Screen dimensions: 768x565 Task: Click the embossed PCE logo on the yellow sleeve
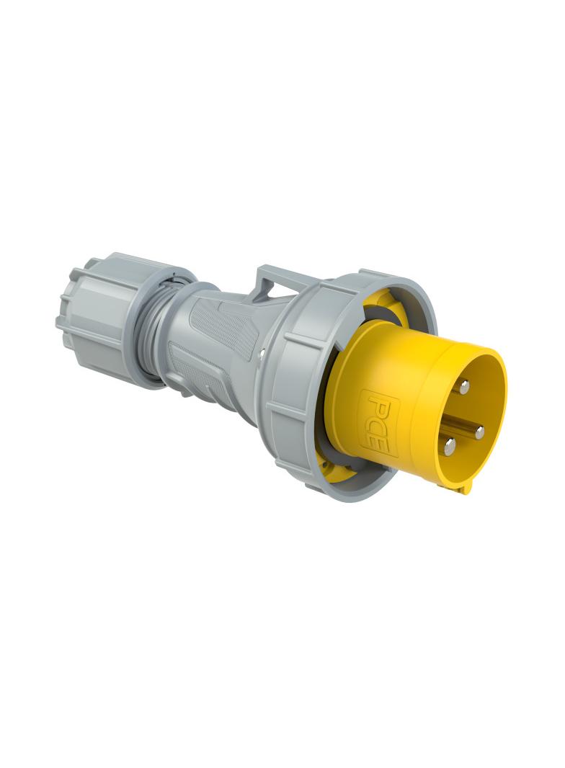coord(375,421)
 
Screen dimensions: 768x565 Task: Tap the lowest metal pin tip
coord(449,446)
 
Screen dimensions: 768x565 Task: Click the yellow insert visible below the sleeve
coord(339,472)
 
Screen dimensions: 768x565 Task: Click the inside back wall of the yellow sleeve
coord(461,418)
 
